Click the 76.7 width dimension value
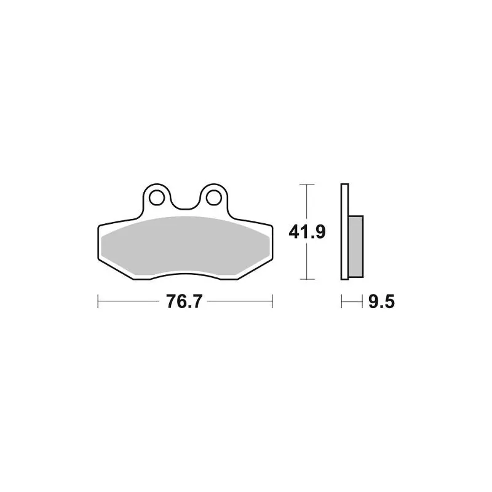pos(184,301)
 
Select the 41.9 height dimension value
pos(307,232)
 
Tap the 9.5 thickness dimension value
pos(381,302)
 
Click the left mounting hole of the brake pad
pos(157,197)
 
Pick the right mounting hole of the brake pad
pos(213,197)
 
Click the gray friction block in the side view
pos(356,247)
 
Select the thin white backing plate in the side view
pos(344,232)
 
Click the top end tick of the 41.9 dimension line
pos(307,184)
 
